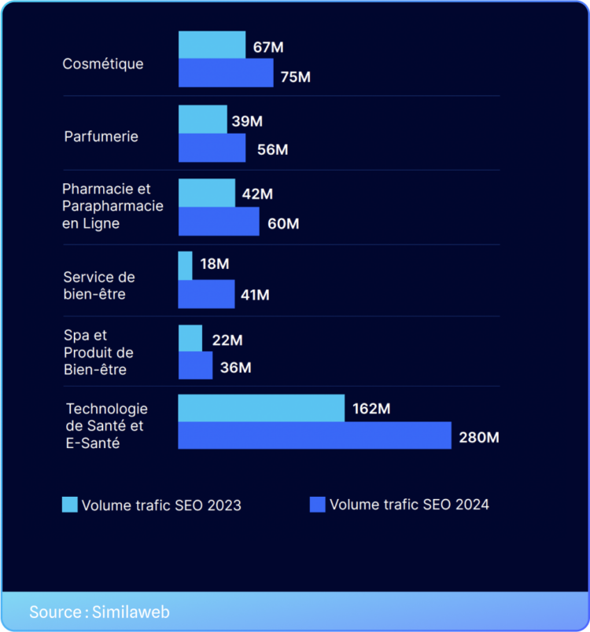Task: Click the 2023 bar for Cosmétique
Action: click(x=212, y=45)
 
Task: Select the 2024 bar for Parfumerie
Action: click(x=212, y=148)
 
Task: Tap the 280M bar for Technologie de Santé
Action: click(x=315, y=435)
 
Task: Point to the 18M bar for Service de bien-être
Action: click(x=186, y=266)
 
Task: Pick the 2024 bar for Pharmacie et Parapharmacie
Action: click(x=219, y=222)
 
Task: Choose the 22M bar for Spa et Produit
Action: click(x=190, y=338)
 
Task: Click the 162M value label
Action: click(x=371, y=409)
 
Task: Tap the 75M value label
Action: click(x=295, y=77)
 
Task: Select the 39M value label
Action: click(x=247, y=121)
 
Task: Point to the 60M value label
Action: click(x=283, y=224)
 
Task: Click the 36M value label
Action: click(x=235, y=367)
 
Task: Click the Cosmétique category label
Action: click(x=103, y=64)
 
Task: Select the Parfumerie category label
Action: click(x=101, y=136)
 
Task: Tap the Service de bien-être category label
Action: click(x=99, y=285)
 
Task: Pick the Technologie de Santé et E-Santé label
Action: click(x=106, y=426)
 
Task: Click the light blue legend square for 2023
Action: click(x=70, y=505)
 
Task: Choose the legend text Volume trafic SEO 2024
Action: click(x=409, y=505)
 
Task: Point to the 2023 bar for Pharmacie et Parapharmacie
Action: click(x=207, y=193)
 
